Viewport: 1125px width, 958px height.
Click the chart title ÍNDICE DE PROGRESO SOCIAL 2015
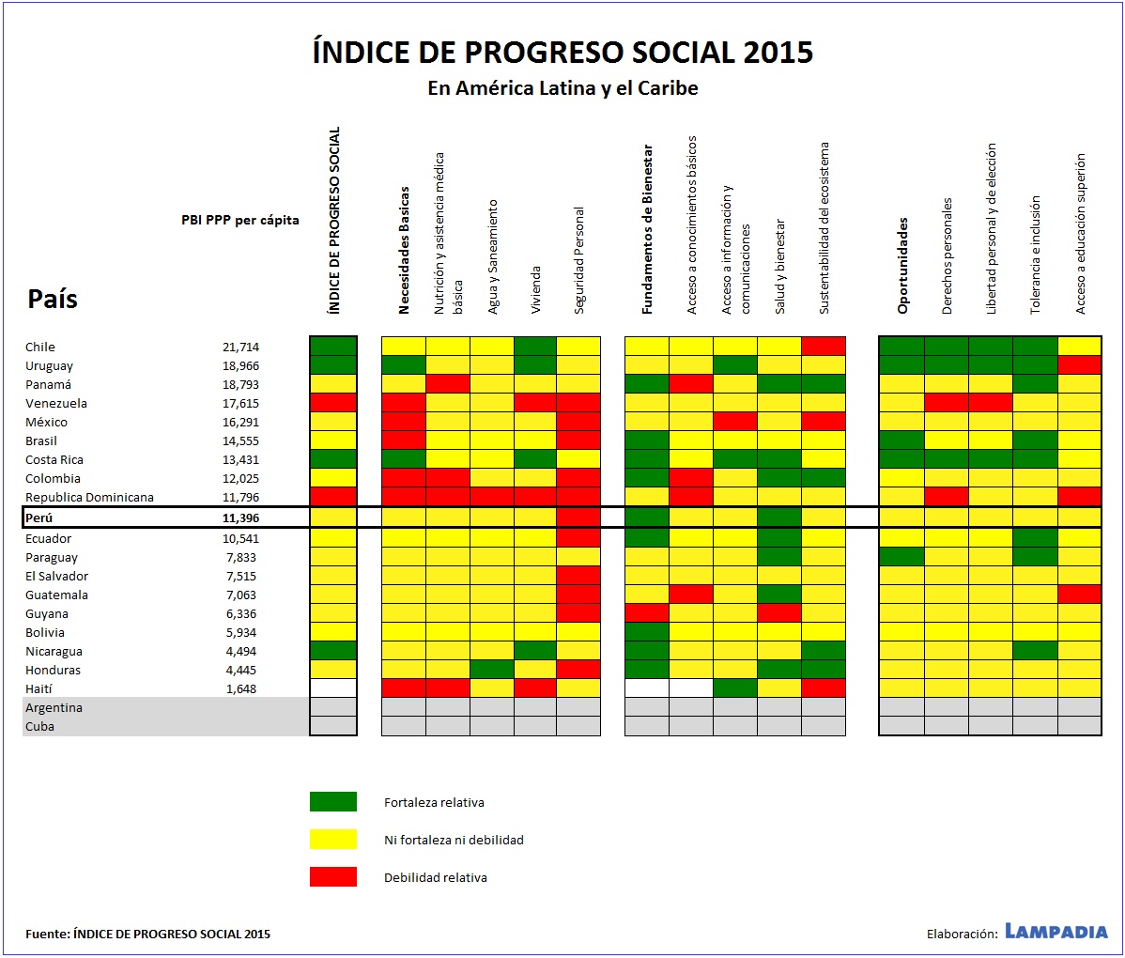pos(562,52)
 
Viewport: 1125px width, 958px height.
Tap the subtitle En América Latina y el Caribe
pos(562,87)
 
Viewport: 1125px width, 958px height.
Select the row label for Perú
pos(39,518)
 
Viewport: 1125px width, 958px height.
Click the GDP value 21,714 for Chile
pos(240,347)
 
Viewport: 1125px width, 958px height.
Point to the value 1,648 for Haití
pos(241,688)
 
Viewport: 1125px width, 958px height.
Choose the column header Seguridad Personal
pos(579,260)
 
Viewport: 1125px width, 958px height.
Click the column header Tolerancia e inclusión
pos(1035,255)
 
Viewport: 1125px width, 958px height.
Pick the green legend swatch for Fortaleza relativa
pos(333,801)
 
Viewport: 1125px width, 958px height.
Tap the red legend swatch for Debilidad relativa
pos(333,876)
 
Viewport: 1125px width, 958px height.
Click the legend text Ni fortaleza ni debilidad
pos(454,840)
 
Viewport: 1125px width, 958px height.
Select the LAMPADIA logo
pos(1056,932)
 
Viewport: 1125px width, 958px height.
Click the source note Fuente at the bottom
pos(147,934)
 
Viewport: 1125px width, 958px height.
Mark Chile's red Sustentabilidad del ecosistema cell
pos(824,346)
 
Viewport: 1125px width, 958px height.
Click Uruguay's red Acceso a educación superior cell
pos(1080,364)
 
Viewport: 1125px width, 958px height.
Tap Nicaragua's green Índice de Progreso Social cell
pos(333,650)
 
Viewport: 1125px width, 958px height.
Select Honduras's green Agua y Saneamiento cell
pos(492,669)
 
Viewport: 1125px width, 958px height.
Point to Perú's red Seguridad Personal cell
pos(578,518)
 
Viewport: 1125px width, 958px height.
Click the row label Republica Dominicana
pos(89,497)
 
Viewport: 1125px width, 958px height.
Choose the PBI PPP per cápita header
pos(239,220)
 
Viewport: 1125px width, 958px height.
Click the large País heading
pos(53,299)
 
